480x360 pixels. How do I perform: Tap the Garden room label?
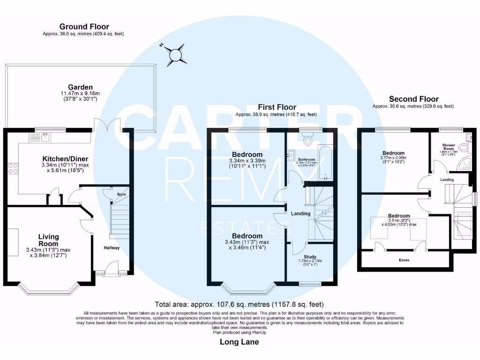click(x=80, y=87)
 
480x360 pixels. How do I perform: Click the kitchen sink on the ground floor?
click(x=45, y=137)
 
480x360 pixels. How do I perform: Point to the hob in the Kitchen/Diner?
click(x=13, y=168)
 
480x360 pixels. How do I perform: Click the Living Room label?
click(x=49, y=240)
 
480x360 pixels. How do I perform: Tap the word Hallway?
click(x=112, y=248)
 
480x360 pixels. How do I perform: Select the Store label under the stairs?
click(x=121, y=194)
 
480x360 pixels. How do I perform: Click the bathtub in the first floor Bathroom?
click(x=325, y=163)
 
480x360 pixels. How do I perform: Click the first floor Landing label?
click(x=300, y=214)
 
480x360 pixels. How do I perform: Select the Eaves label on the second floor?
click(x=404, y=259)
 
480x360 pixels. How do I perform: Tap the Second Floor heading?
click(x=414, y=99)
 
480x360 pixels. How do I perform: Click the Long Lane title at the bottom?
click(x=239, y=342)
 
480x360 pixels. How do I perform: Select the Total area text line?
click(x=240, y=304)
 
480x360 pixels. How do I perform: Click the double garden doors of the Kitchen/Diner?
click(x=107, y=125)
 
